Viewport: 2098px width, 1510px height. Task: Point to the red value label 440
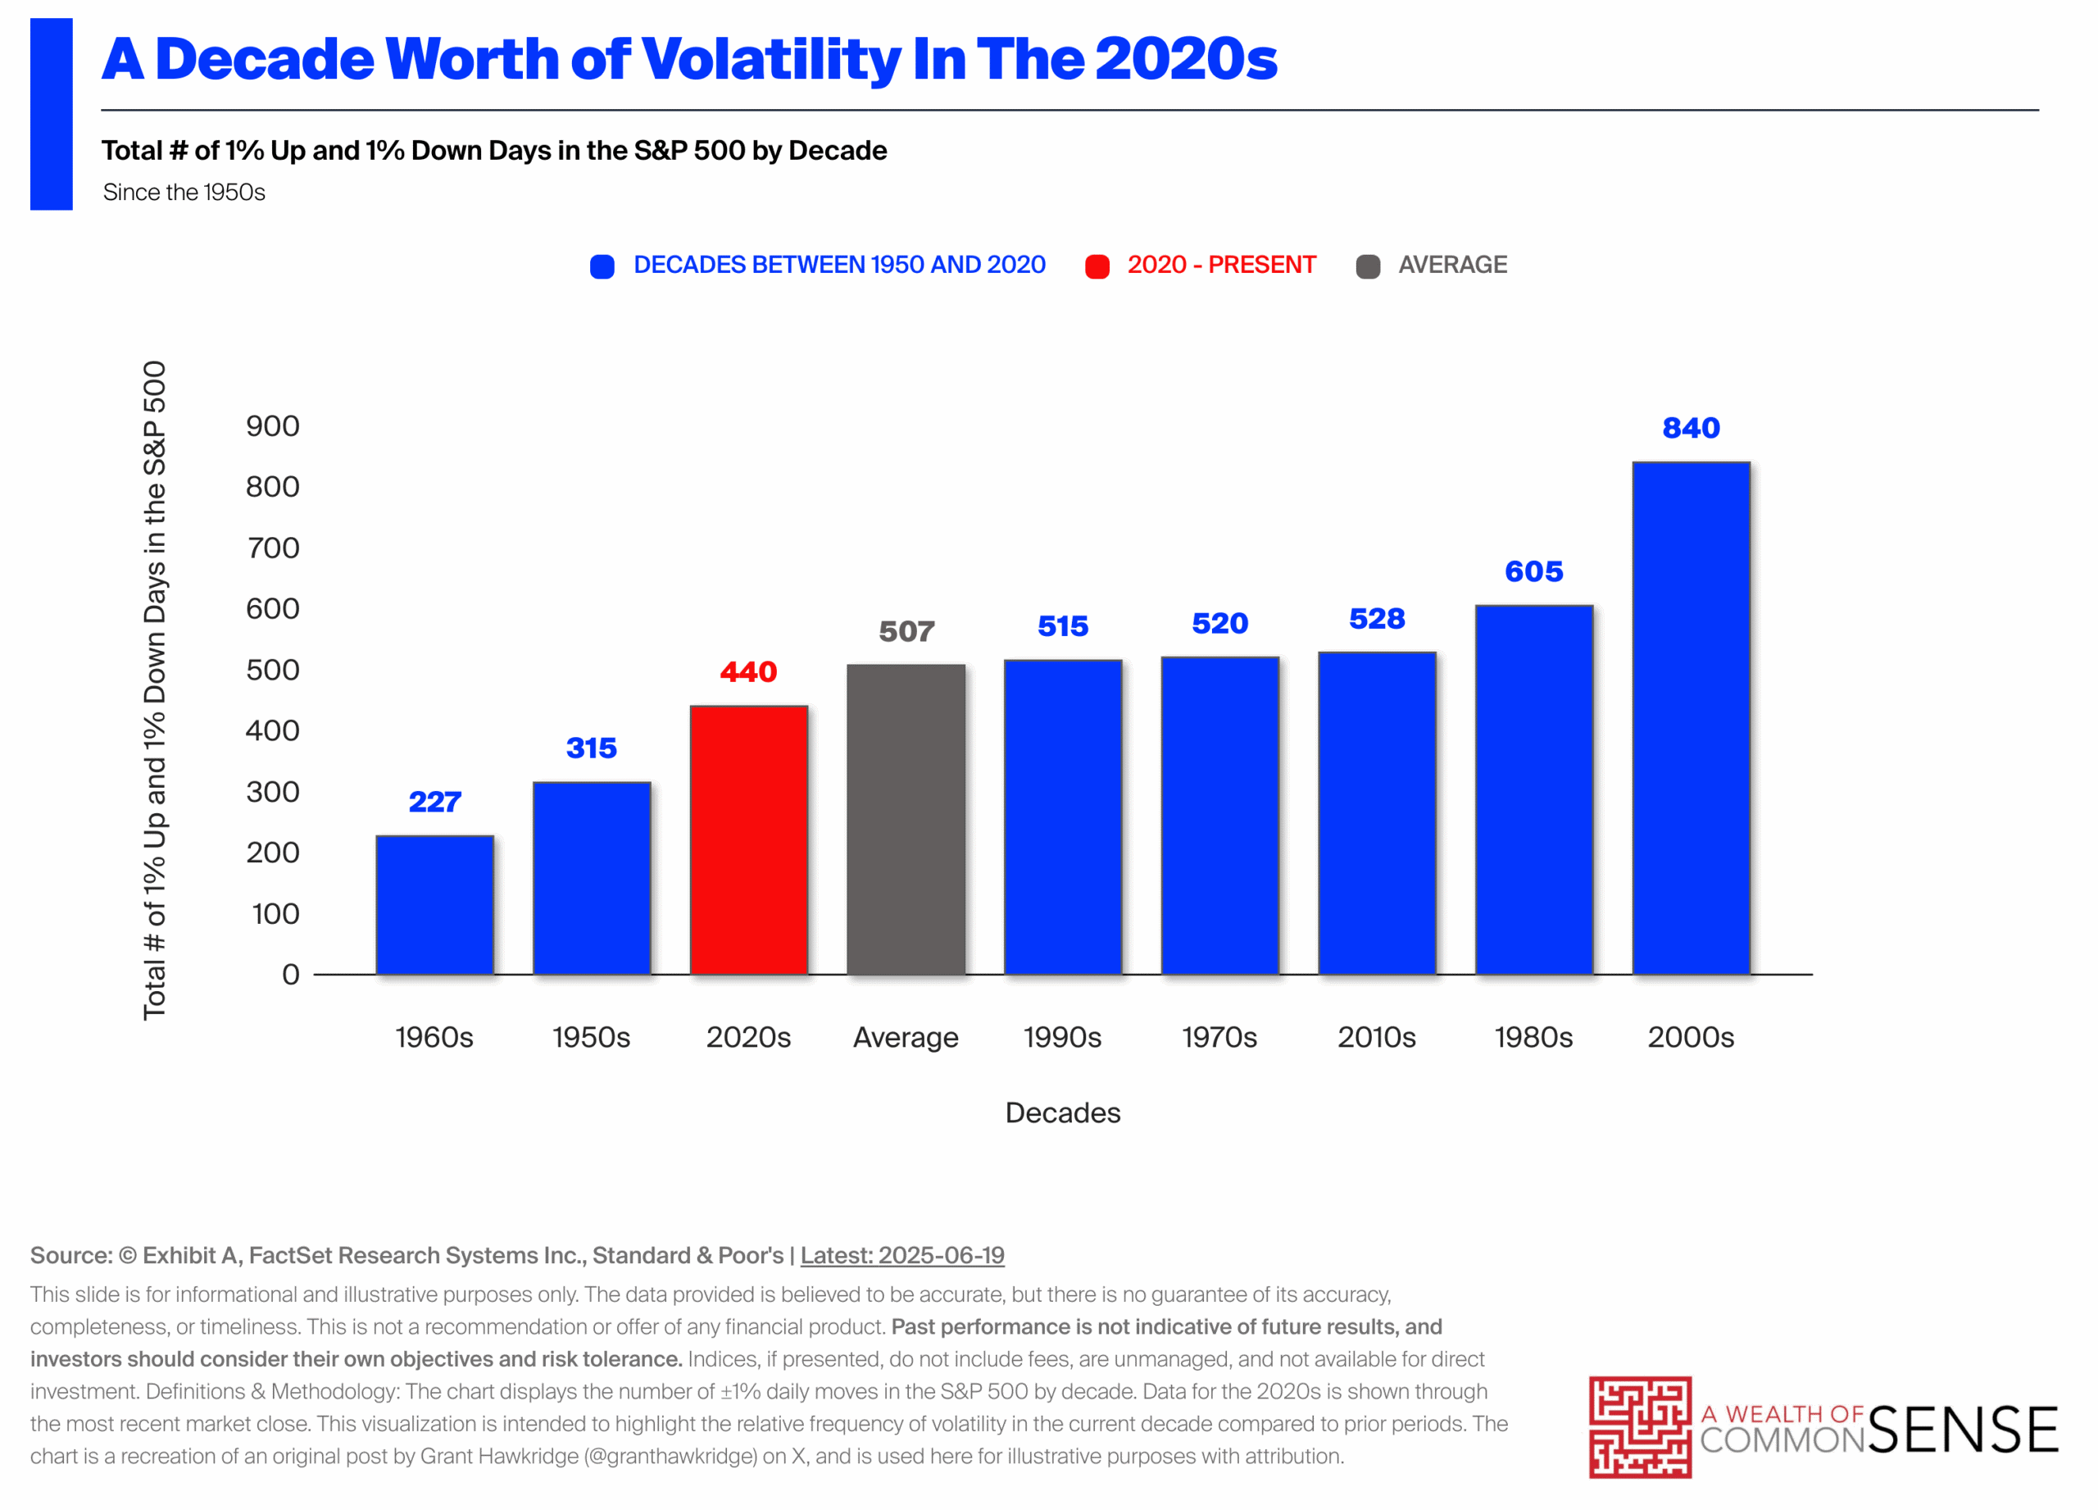click(x=748, y=671)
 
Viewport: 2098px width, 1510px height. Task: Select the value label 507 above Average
click(x=906, y=631)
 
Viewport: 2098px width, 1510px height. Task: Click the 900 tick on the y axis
click(x=272, y=425)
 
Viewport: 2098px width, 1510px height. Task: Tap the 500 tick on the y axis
click(x=272, y=669)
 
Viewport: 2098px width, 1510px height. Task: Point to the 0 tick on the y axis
click(x=290, y=973)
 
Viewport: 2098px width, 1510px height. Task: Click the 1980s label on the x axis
click(x=1533, y=1037)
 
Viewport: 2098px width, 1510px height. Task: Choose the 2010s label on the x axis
click(x=1377, y=1037)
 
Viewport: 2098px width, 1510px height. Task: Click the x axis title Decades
click(x=1062, y=1112)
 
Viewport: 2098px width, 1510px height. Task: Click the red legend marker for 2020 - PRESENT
click(x=1097, y=266)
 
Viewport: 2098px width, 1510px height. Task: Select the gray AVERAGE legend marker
click(x=1367, y=266)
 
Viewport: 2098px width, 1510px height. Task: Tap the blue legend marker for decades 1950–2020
click(x=602, y=266)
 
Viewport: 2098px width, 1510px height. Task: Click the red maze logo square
click(x=1639, y=1426)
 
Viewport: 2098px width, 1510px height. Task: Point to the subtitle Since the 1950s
click(x=184, y=193)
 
